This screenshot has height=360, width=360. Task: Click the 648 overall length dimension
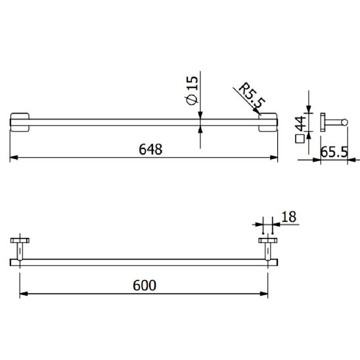(150, 149)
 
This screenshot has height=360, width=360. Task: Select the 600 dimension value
(145, 285)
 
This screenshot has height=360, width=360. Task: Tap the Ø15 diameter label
(192, 91)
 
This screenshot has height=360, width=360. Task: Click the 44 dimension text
(301, 124)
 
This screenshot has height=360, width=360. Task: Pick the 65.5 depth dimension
(334, 152)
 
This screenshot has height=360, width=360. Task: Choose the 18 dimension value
(289, 217)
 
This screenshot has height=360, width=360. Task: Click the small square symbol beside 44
(300, 139)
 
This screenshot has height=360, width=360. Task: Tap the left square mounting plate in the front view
(20, 122)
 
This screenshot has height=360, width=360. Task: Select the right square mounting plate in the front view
(268, 122)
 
